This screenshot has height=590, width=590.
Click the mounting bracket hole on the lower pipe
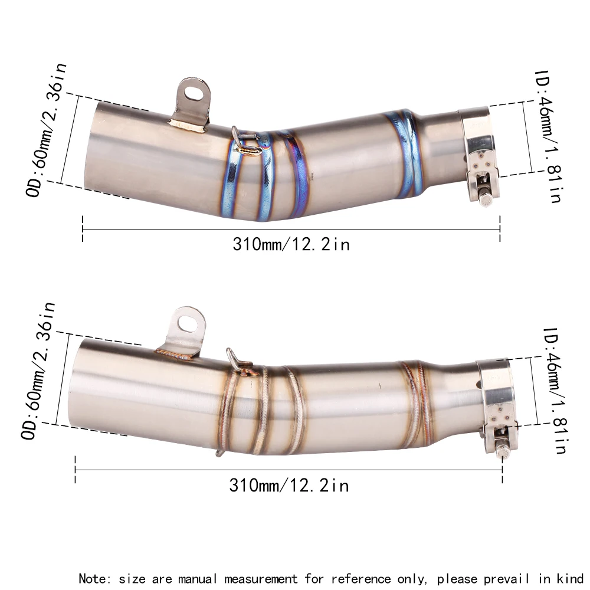point(189,323)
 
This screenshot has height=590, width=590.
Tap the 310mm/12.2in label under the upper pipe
point(291,244)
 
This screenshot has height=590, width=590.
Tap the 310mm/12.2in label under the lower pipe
point(289,485)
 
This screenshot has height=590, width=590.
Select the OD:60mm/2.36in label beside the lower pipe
point(38,371)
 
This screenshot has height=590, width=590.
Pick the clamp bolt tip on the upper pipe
point(486,200)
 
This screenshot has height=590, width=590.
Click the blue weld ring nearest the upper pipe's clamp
point(411,153)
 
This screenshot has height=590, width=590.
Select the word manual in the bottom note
point(186,578)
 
